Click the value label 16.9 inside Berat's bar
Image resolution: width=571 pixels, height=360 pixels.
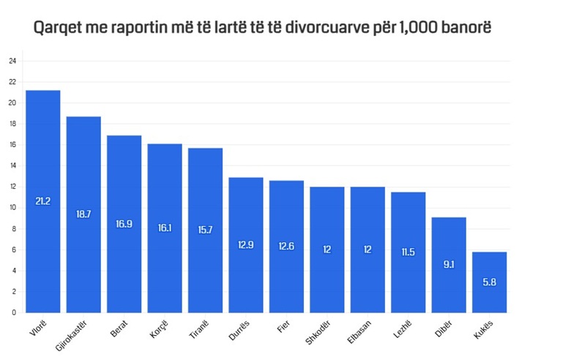click(124, 222)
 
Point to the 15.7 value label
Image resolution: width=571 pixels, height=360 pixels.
click(205, 229)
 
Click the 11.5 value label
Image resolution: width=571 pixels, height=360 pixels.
click(408, 251)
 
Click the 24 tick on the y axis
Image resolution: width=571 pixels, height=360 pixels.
click(12, 61)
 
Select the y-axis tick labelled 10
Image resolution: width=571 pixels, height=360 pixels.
click(12, 207)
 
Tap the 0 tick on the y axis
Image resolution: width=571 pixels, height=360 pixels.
click(13, 312)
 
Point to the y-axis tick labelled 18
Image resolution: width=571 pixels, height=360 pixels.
click(12, 124)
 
